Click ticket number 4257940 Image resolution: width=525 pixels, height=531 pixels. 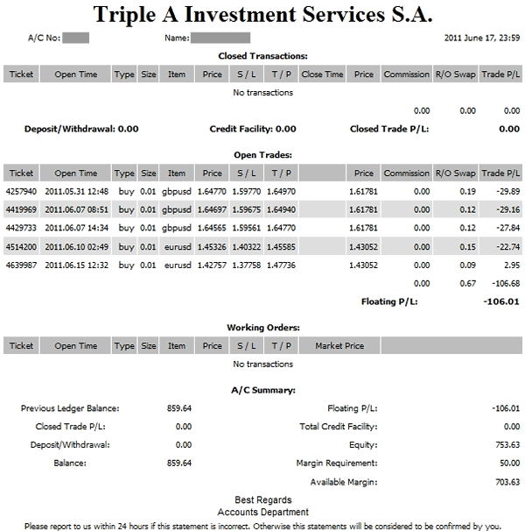point(21,190)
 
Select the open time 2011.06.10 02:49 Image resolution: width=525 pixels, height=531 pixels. point(76,245)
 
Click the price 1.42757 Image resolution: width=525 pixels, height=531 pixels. point(213,264)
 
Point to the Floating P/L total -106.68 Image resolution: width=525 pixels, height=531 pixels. point(504,282)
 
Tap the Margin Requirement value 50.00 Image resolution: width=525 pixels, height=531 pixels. point(509,464)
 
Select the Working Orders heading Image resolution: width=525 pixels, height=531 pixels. point(262,327)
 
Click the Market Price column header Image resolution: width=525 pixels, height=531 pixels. point(339,346)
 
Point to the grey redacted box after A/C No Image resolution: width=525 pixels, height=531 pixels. point(77,39)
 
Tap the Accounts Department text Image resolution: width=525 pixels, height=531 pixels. point(262,512)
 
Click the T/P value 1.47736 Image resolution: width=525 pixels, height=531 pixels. point(280,264)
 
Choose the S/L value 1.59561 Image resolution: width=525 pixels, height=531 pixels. point(247,227)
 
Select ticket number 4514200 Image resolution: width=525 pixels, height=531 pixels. point(21,245)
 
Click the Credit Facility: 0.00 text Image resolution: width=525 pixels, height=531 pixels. point(253,129)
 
